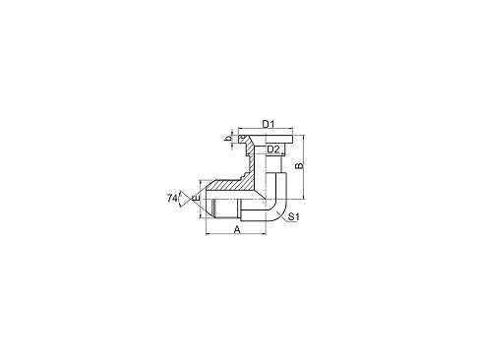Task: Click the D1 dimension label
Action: coord(269,124)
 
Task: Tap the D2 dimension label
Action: coord(273,150)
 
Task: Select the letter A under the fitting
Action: coord(237,229)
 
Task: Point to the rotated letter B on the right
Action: coord(299,166)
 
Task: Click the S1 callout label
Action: coord(294,216)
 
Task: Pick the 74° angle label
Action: coord(172,198)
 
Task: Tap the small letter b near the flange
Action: coord(227,140)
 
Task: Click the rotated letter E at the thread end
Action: coord(196,198)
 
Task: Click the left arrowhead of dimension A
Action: coord(208,234)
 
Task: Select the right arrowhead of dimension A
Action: coord(264,234)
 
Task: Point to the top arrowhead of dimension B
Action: coord(304,137)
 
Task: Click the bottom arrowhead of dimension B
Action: coord(304,197)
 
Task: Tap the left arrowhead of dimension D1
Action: coord(240,129)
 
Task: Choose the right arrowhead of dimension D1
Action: coord(290,129)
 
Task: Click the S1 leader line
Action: coord(282,217)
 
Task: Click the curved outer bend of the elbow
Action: coord(284,210)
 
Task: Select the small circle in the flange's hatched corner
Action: coord(243,137)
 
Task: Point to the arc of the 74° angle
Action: coord(180,199)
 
